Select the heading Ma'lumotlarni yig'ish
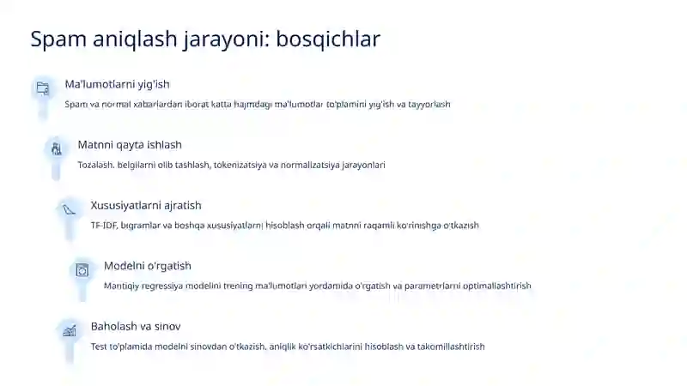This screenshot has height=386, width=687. (x=117, y=84)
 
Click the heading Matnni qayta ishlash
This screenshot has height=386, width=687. (x=130, y=145)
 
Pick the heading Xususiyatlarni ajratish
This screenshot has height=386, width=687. (x=146, y=205)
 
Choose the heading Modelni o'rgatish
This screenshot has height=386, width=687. (x=148, y=266)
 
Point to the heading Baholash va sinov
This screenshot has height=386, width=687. (x=136, y=326)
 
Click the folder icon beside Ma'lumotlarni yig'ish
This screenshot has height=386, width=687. (x=42, y=87)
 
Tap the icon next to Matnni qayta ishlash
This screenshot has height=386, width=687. (x=56, y=148)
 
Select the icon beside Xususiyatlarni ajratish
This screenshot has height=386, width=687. (x=69, y=208)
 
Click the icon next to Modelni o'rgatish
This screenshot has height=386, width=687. (x=82, y=269)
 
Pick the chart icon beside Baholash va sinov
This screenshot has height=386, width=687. (x=69, y=330)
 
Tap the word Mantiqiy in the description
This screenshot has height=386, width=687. (x=123, y=286)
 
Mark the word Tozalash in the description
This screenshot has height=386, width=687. (x=95, y=165)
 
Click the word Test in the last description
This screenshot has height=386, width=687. (x=99, y=347)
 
